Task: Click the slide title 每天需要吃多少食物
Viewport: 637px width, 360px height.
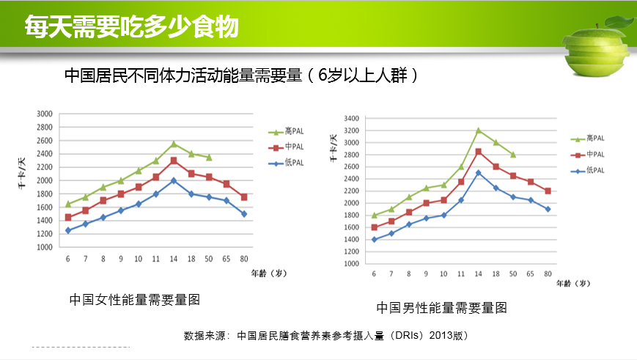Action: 132,27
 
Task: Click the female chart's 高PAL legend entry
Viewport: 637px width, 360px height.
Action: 285,131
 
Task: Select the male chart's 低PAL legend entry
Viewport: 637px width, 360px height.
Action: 586,170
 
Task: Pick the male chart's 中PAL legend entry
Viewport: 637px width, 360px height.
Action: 586,154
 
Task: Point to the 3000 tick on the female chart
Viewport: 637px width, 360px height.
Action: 45,114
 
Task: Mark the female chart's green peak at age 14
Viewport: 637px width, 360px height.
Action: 174,144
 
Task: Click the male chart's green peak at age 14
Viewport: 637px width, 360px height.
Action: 478,131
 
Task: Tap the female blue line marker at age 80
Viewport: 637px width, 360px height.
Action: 244,214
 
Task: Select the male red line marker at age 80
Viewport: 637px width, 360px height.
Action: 548,191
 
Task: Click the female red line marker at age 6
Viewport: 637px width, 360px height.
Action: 68,217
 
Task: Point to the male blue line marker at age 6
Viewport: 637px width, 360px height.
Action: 374,239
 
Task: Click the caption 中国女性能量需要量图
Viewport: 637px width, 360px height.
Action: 134,299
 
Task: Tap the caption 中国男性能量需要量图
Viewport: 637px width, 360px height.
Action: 441,308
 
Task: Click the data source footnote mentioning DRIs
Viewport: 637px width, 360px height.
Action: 325,336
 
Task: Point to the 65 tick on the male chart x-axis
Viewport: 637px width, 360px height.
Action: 530,273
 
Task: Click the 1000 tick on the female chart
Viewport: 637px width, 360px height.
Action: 45,247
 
